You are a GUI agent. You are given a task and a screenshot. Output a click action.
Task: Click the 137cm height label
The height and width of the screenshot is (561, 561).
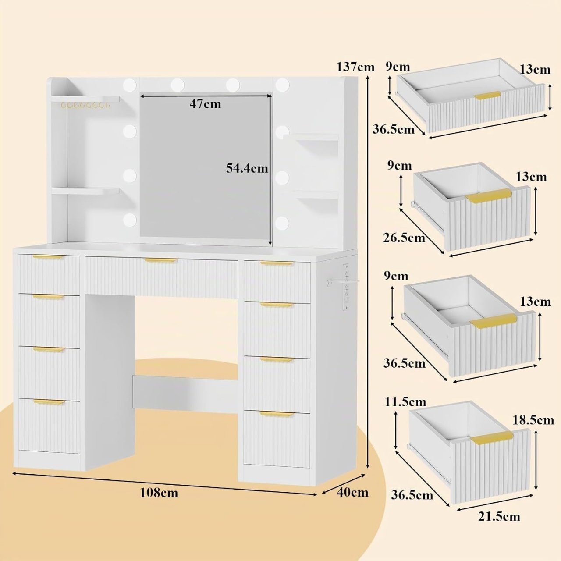click(355, 67)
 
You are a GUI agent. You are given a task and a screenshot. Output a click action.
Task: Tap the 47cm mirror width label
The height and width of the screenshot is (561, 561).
click(205, 103)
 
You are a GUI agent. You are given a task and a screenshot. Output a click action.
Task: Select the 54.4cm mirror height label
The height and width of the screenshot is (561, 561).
click(247, 168)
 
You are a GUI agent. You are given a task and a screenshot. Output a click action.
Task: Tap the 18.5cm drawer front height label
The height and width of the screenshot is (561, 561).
click(533, 420)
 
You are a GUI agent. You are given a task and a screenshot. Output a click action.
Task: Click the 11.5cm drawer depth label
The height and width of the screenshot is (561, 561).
click(405, 402)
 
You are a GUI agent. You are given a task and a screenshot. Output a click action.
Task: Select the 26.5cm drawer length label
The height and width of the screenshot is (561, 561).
click(404, 238)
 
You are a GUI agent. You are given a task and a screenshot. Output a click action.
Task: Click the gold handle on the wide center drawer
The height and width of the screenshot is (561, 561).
click(161, 260)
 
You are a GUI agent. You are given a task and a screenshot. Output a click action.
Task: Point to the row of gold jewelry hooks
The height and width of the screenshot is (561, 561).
click(85, 105)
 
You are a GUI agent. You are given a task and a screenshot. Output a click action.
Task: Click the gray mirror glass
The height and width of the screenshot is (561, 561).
click(205, 165)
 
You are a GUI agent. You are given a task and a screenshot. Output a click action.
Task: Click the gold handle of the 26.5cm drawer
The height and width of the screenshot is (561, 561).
click(488, 195)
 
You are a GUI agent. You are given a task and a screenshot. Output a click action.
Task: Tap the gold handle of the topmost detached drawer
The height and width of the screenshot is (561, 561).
click(487, 96)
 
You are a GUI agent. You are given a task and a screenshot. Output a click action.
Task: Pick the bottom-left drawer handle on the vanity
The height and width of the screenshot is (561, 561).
click(49, 402)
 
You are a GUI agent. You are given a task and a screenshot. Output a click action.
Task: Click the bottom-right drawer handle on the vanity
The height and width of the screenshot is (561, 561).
click(277, 414)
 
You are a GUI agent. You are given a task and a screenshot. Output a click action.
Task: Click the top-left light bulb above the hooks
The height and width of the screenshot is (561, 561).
click(130, 85)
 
